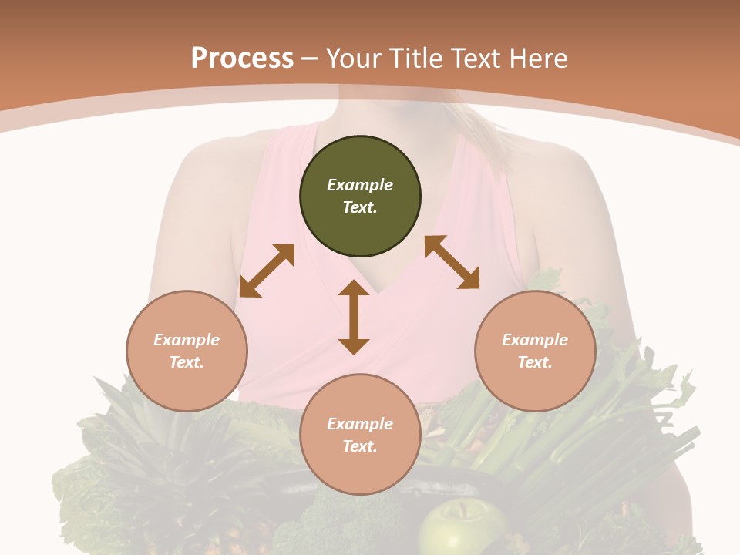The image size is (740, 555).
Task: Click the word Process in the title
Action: tap(242, 59)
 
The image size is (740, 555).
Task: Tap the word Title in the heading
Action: tap(415, 59)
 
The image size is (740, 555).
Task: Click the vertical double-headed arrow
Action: tap(354, 317)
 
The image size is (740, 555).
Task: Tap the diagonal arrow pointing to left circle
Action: tap(267, 271)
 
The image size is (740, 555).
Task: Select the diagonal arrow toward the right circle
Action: tap(452, 262)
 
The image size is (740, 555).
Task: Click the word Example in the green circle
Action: tap(360, 185)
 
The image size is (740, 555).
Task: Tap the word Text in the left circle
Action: tap(187, 362)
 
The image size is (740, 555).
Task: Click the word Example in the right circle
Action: tap(535, 340)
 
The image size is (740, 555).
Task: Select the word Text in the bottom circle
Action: tap(360, 446)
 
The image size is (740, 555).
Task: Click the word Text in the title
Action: tap(476, 59)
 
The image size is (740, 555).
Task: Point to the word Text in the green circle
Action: tap(360, 207)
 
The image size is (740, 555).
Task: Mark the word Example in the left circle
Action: tap(187, 340)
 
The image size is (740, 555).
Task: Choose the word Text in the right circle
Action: tap(535, 362)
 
